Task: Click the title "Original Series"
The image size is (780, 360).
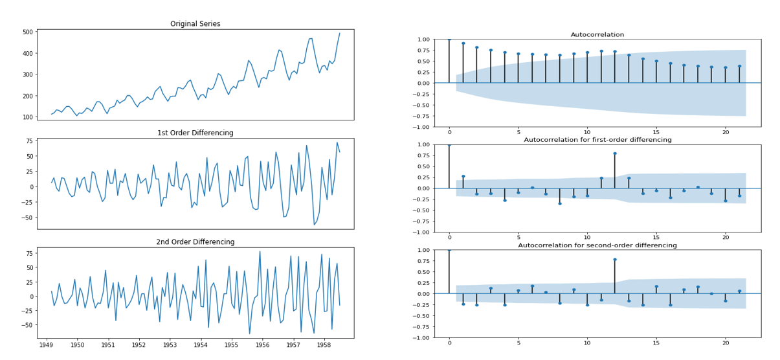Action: click(x=195, y=24)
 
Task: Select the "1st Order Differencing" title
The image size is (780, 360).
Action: click(x=195, y=133)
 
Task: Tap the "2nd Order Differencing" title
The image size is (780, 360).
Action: click(x=195, y=242)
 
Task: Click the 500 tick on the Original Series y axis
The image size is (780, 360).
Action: click(x=28, y=32)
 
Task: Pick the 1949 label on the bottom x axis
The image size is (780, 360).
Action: click(x=47, y=346)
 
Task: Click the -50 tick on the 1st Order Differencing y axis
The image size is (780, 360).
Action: click(x=27, y=218)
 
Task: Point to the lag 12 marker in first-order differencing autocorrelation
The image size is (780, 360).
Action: click(x=614, y=153)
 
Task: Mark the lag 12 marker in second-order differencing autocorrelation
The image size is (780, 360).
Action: click(x=614, y=259)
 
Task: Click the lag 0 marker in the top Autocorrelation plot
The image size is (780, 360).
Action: click(x=449, y=39)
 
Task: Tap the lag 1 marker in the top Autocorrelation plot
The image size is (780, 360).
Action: click(x=463, y=43)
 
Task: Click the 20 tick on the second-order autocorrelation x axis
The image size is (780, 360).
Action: click(x=725, y=343)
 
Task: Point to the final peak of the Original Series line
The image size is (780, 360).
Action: click(x=339, y=33)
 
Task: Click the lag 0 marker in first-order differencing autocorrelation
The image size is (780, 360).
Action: click(x=449, y=144)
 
